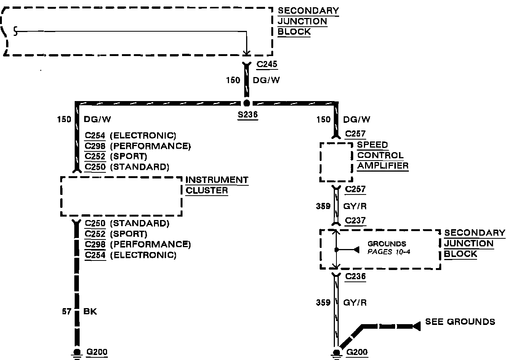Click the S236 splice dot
(x=247, y=103)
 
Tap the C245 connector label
(x=267, y=64)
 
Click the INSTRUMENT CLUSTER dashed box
(x=121, y=196)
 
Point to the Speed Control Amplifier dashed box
(x=336, y=162)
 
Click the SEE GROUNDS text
(x=460, y=321)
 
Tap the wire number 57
(x=67, y=312)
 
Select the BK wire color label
(x=90, y=312)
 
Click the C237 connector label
(x=355, y=220)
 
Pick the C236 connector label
(x=355, y=277)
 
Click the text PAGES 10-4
(x=389, y=252)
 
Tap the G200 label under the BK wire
(x=97, y=352)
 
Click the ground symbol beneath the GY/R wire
(x=336, y=354)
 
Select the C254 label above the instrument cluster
(x=95, y=135)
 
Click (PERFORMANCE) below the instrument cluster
(x=150, y=244)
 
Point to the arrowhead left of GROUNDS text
(x=356, y=250)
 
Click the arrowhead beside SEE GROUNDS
(x=416, y=326)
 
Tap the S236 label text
(x=247, y=115)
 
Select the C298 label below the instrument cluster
(x=95, y=244)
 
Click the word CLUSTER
(x=207, y=190)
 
